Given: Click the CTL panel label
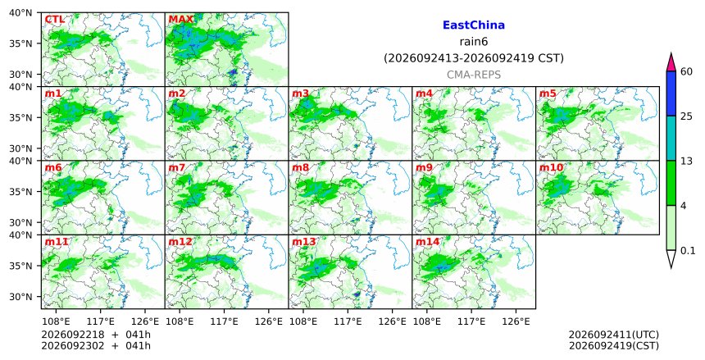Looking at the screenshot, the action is [54, 20].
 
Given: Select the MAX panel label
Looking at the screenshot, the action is [180, 20].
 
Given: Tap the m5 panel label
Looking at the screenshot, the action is [548, 93].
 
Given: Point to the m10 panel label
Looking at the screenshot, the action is [551, 168].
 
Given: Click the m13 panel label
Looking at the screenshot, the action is [304, 242].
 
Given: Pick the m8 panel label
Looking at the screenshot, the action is [300, 168].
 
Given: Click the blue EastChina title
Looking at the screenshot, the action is [474, 25].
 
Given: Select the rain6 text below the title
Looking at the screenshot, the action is [474, 42].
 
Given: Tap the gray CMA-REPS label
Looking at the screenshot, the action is [474, 75].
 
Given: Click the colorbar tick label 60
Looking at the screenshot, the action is [686, 71].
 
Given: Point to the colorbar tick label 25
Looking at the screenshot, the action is [686, 116].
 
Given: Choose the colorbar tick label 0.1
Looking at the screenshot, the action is [688, 251].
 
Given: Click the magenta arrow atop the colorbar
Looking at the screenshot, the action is [671, 63].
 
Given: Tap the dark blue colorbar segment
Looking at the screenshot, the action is [671, 93].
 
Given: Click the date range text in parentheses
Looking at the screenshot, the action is [474, 58].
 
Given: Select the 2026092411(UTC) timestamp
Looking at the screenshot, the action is [614, 335].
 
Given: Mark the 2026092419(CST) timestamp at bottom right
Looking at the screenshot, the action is [614, 346].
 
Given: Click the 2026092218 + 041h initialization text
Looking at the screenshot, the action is [96, 335].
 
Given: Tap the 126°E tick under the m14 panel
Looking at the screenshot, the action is [516, 322].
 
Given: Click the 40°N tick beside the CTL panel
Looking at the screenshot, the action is [20, 12].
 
